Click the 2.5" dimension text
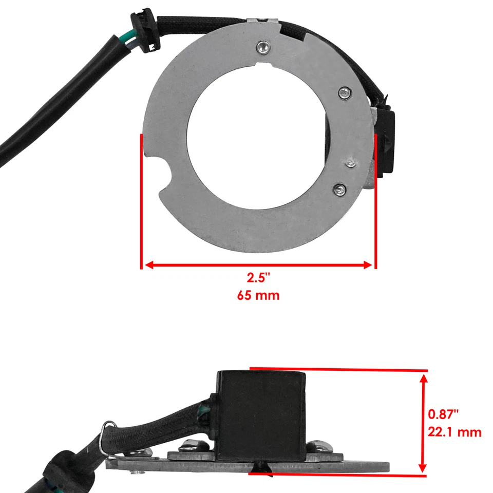pyautogui.click(x=258, y=278)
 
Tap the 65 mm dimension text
pyautogui.click(x=258, y=296)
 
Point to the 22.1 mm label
pyautogui.click(x=454, y=432)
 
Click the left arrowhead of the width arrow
pyautogui.click(x=148, y=265)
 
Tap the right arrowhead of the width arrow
pyautogui.click(x=368, y=265)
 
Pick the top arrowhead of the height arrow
pyautogui.click(x=423, y=378)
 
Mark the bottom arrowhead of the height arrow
pyautogui.click(x=423, y=467)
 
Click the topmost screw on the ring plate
pyautogui.click(x=263, y=47)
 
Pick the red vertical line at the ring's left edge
pyautogui.click(x=141, y=200)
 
